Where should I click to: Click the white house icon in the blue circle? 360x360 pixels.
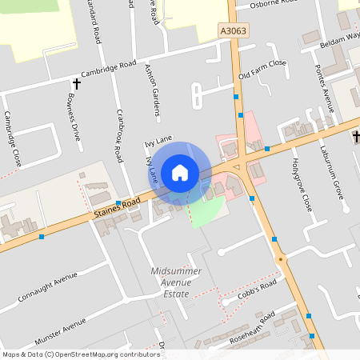click(x=180, y=172)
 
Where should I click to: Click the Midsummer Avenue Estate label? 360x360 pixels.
click(x=171, y=283)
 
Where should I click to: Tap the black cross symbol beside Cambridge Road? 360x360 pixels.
click(x=77, y=82)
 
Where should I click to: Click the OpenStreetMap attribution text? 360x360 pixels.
click(x=81, y=354)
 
